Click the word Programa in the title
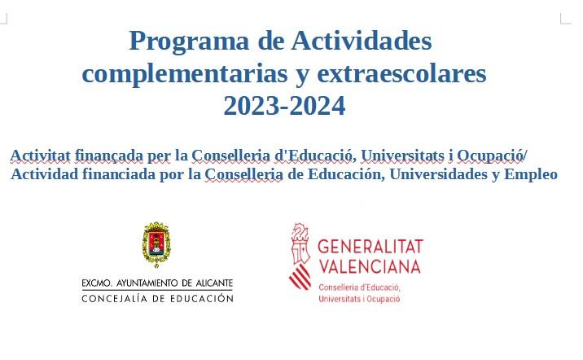(x=189, y=42)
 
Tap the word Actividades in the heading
(x=361, y=40)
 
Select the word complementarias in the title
(x=184, y=74)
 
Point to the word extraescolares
(x=401, y=73)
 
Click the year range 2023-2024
(x=284, y=106)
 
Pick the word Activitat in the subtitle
(x=40, y=156)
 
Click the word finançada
(x=109, y=156)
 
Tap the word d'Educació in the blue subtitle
(x=315, y=156)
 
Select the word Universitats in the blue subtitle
(x=403, y=156)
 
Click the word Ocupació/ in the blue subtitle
(x=492, y=156)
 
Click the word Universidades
(x=438, y=173)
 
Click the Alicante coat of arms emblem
(x=156, y=244)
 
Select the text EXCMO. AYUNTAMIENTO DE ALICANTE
(x=157, y=283)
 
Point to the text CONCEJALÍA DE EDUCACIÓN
(x=157, y=298)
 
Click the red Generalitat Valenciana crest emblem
(x=300, y=257)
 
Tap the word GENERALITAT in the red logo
(x=370, y=247)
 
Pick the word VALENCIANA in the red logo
(x=370, y=266)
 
